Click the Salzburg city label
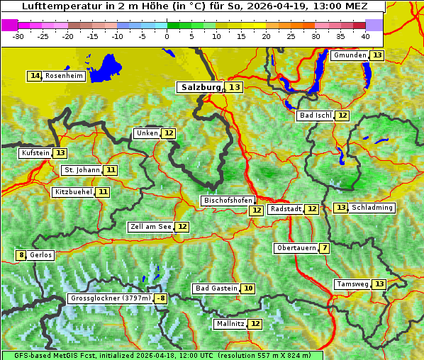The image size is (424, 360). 200,87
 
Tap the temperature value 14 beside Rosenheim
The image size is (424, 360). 35,76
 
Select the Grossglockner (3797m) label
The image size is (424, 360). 111,298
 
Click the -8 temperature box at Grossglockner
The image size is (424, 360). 161,298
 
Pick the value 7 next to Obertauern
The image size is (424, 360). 324,248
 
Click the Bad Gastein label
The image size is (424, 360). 216,288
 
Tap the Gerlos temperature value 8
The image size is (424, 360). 21,255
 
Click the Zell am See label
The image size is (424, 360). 151,227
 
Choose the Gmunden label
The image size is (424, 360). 350,55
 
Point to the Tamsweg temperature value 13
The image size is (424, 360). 379,284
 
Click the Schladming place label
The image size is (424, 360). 372,208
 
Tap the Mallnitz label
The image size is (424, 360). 230,324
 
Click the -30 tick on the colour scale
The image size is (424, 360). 18,35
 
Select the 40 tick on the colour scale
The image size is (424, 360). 365,35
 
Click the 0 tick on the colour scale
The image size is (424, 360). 167,35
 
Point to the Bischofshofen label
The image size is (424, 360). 228,201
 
